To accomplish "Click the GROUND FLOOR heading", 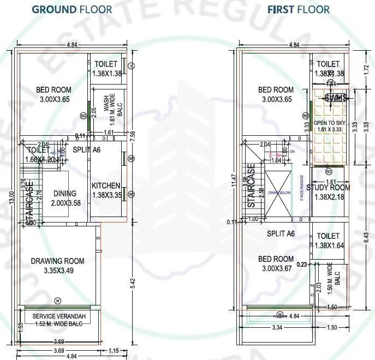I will pos(72,9).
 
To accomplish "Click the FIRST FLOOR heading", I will pos(298,9).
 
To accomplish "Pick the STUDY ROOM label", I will pos(328,188).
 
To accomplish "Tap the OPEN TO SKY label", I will pos(329,123).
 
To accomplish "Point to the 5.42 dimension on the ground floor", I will pos(134,285).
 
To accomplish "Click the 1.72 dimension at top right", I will pos(366,70).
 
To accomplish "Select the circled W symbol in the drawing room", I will pos(58,301).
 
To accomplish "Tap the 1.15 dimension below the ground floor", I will pos(114,350).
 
